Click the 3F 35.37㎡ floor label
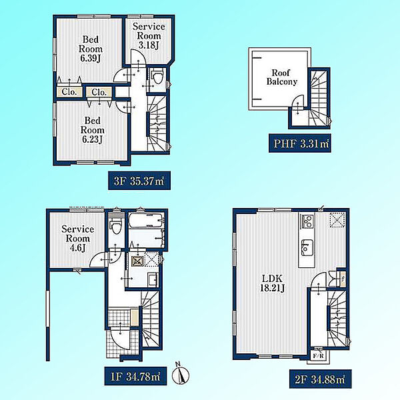pos(139,181)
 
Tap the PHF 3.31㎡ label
pos(300,143)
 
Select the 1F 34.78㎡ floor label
pos(135,376)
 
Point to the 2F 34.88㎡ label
pos(321,379)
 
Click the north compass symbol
pos(181,374)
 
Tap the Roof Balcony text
pos(282,77)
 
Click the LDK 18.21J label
pos(272,283)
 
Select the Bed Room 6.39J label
pos(90,49)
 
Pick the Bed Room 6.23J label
pos(93,130)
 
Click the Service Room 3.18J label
pos(149,36)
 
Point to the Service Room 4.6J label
pos(78,238)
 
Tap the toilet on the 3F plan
pos(157,77)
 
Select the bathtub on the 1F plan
pos(146,221)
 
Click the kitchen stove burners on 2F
pos(307,221)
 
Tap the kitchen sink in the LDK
pos(307,247)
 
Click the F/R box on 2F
pos(318,355)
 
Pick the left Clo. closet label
pos(69,92)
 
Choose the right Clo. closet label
pos(99,92)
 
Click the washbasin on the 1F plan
pos(153,280)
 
